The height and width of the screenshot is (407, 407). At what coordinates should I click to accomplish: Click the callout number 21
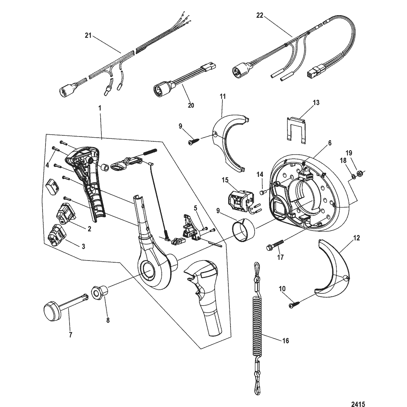88,36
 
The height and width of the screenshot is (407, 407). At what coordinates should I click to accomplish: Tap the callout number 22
260,16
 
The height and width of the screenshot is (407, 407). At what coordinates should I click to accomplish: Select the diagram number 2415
358,404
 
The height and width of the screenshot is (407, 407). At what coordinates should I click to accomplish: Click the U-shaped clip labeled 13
296,130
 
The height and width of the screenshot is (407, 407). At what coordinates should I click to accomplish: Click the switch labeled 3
57,235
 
